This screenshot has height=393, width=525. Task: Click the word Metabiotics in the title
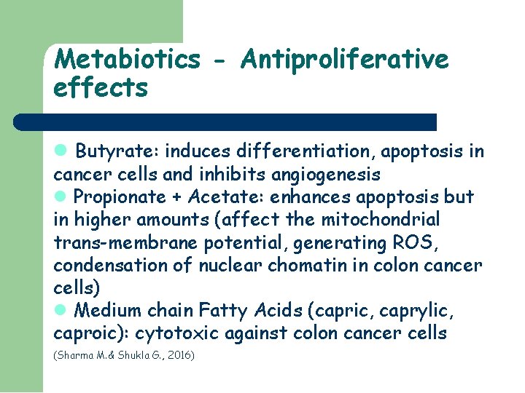[126, 60]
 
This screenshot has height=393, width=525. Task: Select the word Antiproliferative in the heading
[344, 60]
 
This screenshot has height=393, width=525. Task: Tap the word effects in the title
[101, 88]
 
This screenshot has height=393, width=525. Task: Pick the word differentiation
[311, 151]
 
